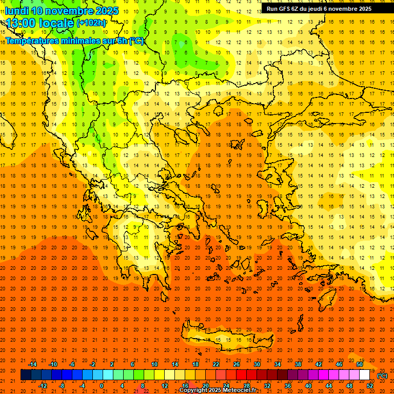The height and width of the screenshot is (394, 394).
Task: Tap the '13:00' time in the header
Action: tap(21, 23)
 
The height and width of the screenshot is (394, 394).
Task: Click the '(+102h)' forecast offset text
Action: tap(91, 23)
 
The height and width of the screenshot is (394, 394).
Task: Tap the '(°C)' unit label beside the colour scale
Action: tap(382, 376)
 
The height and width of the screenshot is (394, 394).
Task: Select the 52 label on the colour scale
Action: tap(370, 386)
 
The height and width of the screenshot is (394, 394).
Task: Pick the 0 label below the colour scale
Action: tap(102, 386)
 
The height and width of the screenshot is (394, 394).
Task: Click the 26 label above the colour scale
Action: tap(237, 364)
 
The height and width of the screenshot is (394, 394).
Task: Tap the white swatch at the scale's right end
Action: tap(365, 375)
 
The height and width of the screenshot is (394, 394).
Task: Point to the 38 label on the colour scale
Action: tap(298, 364)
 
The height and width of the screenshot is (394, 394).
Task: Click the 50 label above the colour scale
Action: tap(360, 364)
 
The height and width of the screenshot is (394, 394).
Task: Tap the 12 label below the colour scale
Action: tap(165, 386)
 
